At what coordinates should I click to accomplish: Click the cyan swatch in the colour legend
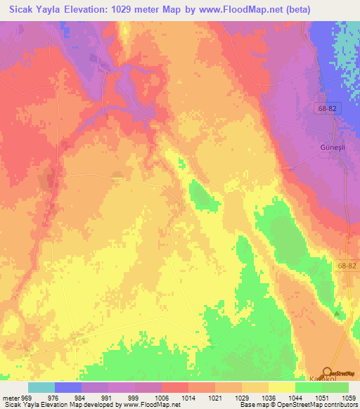coord(41,387)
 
